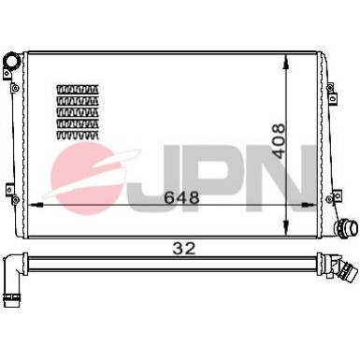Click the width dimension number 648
(x=181, y=197)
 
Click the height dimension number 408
(x=278, y=141)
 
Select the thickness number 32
(x=184, y=249)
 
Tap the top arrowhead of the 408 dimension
(x=286, y=62)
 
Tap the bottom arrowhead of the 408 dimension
(x=286, y=227)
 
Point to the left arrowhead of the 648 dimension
(x=36, y=205)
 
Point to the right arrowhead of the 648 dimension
(x=310, y=205)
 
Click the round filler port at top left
(x=11, y=61)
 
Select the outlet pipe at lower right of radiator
(x=347, y=227)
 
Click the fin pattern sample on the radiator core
(x=78, y=112)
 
